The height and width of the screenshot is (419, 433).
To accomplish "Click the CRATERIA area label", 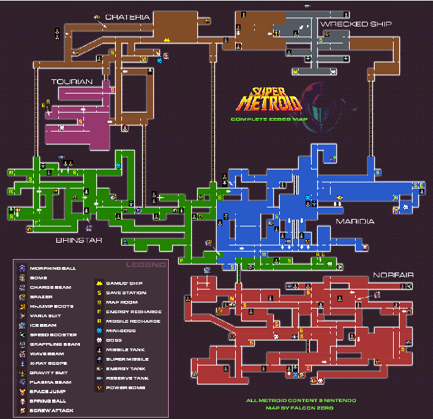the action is coord(127,17).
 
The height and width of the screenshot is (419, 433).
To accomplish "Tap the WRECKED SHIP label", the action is coord(356,24).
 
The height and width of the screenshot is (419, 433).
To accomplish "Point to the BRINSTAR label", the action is coord(76,239).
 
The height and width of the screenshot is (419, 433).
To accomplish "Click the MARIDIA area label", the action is coord(355,222).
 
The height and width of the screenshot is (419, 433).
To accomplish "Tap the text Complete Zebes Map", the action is coord(268,119).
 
